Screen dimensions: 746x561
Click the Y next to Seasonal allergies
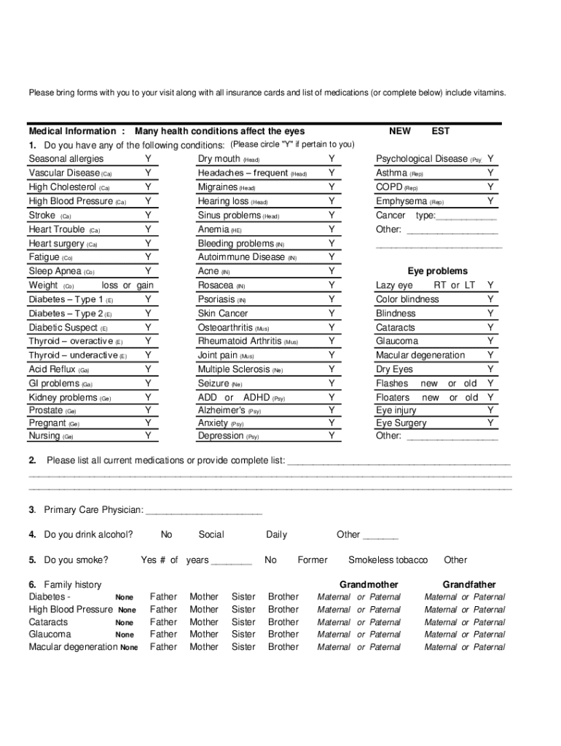click(x=148, y=159)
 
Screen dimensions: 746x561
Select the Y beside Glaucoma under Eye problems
click(x=490, y=341)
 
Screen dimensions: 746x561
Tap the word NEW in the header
click(x=399, y=131)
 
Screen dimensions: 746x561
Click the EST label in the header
click(x=440, y=131)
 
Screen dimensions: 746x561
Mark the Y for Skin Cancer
click(x=331, y=313)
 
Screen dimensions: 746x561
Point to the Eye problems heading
click(x=437, y=271)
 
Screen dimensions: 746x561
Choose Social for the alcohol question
click(x=211, y=535)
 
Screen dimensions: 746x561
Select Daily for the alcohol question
click(x=276, y=535)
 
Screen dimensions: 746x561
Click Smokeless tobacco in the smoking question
click(x=388, y=560)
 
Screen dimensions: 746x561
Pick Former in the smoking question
click(x=313, y=560)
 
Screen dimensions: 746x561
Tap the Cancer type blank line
click(x=466, y=216)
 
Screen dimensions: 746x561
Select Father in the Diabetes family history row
click(x=163, y=597)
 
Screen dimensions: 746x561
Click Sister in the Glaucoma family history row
click(x=243, y=635)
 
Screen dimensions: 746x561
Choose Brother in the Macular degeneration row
click(x=283, y=647)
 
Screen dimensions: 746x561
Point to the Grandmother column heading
click(x=369, y=585)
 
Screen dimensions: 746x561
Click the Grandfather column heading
click(x=468, y=585)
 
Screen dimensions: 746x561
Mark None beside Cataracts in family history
click(x=125, y=623)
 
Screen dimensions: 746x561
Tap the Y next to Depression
click(x=331, y=436)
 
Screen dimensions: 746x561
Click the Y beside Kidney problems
click(x=148, y=398)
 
